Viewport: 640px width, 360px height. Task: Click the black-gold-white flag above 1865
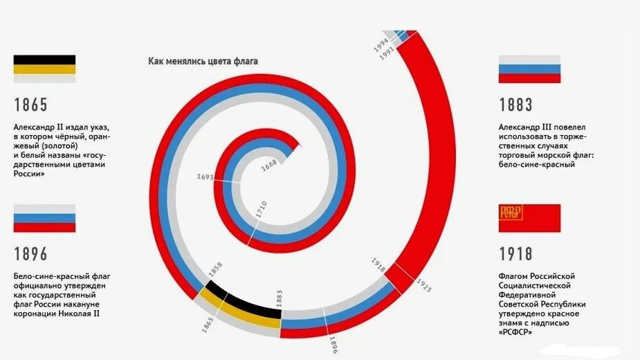coord(44,69)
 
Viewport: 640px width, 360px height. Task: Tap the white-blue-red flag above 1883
coord(529,69)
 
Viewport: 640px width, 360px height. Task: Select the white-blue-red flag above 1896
coord(44,218)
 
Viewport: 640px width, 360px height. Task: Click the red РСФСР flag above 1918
coord(529,218)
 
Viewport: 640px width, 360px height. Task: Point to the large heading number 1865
coord(31,105)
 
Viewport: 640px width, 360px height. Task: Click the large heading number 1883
coord(516,105)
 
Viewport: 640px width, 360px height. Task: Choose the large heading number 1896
coord(31,254)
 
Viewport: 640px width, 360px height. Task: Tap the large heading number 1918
coord(516,254)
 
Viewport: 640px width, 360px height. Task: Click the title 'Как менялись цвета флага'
coord(203,61)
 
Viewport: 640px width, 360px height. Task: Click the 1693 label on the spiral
coord(205,178)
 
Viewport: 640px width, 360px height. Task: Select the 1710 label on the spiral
coord(262,210)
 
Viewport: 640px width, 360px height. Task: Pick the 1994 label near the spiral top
coord(381,45)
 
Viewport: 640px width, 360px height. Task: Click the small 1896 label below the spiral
coord(332,344)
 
